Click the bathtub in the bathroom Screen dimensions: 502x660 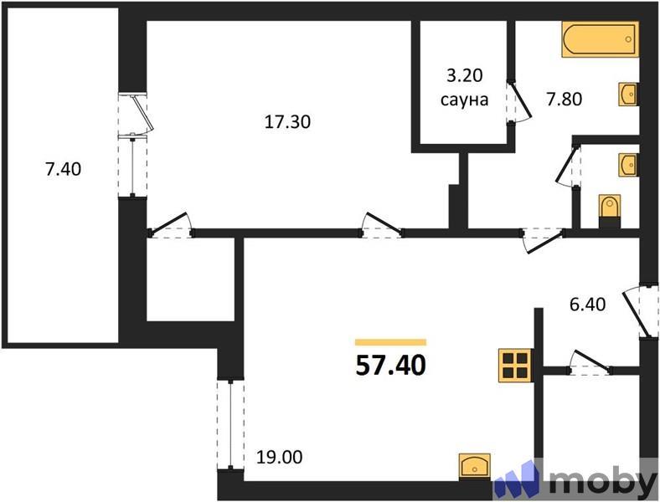coord(601,40)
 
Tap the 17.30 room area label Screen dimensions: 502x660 coord(287,122)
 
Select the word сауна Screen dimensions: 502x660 coord(463,100)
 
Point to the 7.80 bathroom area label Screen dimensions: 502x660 coord(564,99)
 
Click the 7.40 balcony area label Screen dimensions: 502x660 coord(63,169)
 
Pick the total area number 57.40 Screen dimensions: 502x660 coord(391,365)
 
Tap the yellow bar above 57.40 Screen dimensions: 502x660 coord(391,341)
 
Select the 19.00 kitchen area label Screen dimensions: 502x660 coord(281,458)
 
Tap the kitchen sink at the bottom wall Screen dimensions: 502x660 coord(475,465)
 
